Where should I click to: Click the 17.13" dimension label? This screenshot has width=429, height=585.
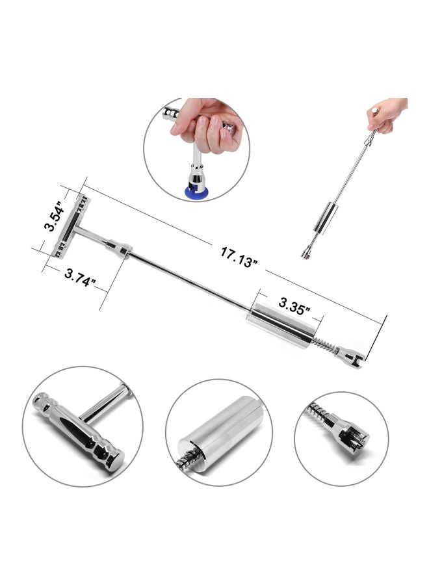tap(239, 253)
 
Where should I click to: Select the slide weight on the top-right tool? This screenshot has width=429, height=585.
tap(324, 217)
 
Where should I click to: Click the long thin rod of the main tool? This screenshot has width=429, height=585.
tap(188, 279)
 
